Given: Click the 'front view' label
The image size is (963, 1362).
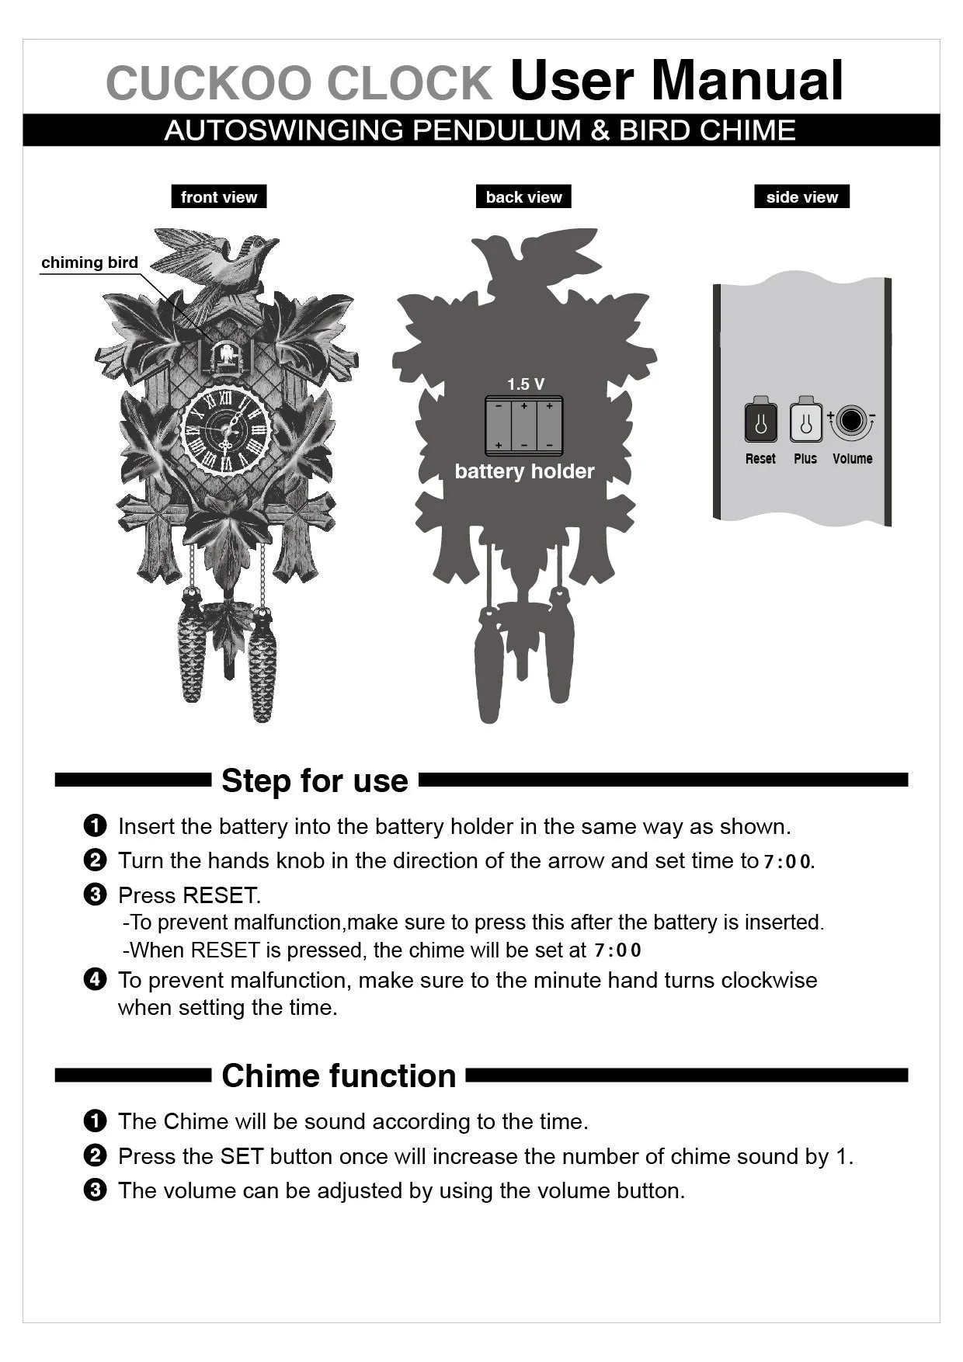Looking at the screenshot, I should (219, 197).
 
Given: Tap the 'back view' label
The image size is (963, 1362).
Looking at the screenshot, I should (523, 197).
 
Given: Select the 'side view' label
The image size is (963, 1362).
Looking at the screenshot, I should (801, 197).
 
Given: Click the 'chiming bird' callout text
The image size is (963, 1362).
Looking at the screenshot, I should (89, 262).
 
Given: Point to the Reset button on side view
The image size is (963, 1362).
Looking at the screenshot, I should (760, 423).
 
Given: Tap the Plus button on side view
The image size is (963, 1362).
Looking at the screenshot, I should (805, 423).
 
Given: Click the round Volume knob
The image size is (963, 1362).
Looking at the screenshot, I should (852, 421).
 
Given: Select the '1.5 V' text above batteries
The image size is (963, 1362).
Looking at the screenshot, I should (526, 384).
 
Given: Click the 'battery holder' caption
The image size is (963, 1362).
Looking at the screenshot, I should (524, 471).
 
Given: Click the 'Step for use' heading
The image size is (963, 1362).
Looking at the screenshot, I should (315, 780).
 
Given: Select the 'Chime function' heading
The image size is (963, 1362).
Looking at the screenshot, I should (339, 1075).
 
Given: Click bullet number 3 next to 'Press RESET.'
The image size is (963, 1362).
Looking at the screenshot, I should (94, 895).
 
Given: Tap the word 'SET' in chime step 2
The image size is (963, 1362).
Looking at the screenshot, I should (242, 1156).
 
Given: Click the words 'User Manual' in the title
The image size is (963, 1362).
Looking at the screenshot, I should (676, 81).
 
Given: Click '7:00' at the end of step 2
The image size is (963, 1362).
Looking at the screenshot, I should (787, 861).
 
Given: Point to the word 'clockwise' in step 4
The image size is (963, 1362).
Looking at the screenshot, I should (769, 980).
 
